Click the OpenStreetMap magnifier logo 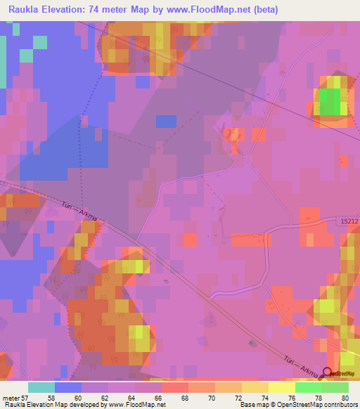pyautogui.click(x=328, y=374)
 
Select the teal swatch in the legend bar pyautogui.click(x=41, y=387)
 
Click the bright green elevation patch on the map pyautogui.click(x=330, y=101)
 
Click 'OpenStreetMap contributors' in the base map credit pyautogui.click(x=319, y=405)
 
